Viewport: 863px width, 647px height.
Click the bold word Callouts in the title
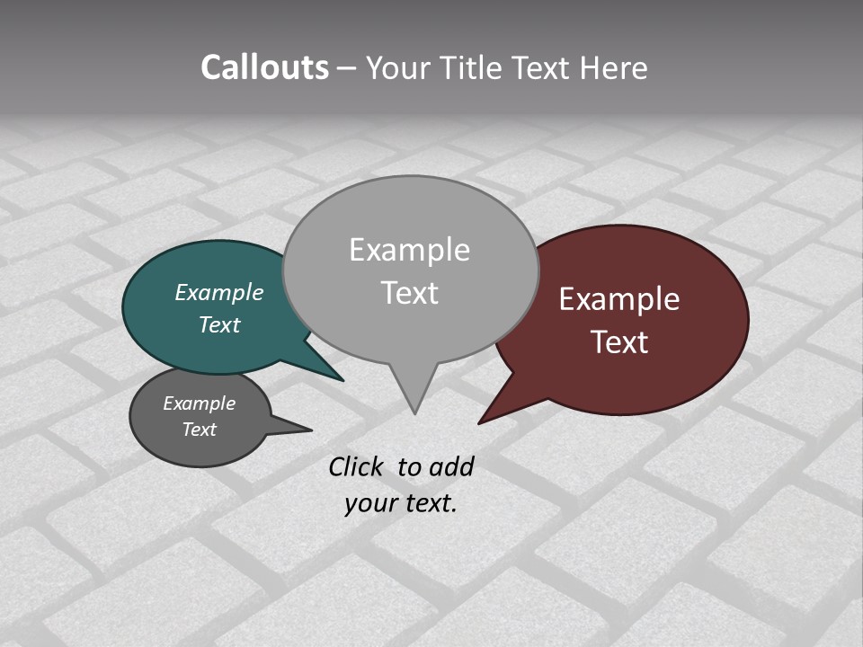click(264, 67)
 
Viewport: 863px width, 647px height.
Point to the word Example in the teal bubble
click(219, 292)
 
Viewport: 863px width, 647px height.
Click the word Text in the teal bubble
click(219, 324)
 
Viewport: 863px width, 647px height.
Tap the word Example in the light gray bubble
click(409, 250)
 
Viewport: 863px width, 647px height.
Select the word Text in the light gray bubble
click(409, 293)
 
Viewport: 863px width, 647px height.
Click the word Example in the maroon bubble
click(619, 299)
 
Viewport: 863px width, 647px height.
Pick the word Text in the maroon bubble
click(620, 342)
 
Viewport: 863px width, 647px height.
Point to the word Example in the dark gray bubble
click(200, 403)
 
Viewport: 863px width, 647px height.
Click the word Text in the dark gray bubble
click(200, 430)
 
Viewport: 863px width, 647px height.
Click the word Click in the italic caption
click(358, 466)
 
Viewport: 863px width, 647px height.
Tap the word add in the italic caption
click(451, 466)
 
